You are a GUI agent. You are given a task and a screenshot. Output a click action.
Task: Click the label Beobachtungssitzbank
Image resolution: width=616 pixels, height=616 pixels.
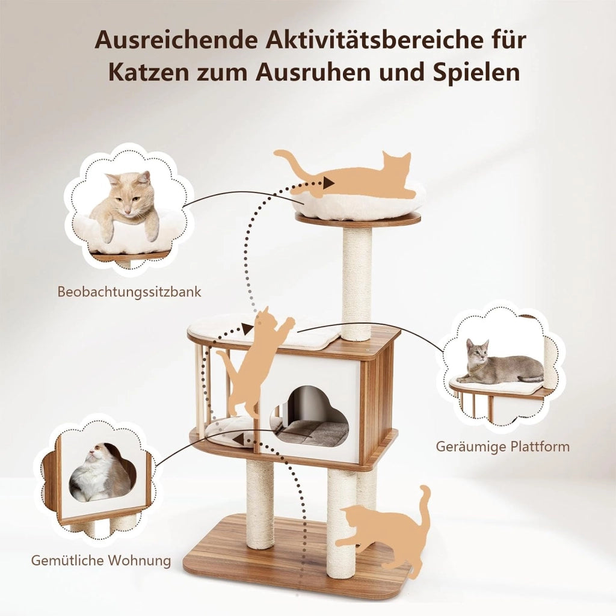129,292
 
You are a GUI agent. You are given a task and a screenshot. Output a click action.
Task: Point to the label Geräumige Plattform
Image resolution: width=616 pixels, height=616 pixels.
502,446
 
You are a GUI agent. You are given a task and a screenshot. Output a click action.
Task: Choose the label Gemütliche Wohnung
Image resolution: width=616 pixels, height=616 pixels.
101,560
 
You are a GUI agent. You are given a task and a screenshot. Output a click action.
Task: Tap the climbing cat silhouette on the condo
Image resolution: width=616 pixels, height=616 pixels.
255,362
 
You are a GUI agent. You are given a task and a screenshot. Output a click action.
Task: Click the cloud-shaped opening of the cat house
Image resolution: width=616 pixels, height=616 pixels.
310,416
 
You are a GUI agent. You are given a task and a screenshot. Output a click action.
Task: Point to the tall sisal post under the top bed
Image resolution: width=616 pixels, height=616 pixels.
357,284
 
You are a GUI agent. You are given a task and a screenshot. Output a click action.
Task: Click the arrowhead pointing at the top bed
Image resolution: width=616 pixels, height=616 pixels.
328,183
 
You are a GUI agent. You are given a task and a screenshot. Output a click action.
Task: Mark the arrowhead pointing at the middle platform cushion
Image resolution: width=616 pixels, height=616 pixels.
248,329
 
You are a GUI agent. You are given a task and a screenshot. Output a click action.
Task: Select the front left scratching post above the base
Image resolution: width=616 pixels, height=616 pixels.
260,504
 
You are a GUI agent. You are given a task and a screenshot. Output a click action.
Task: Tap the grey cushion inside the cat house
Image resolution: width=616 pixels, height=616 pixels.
312,433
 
